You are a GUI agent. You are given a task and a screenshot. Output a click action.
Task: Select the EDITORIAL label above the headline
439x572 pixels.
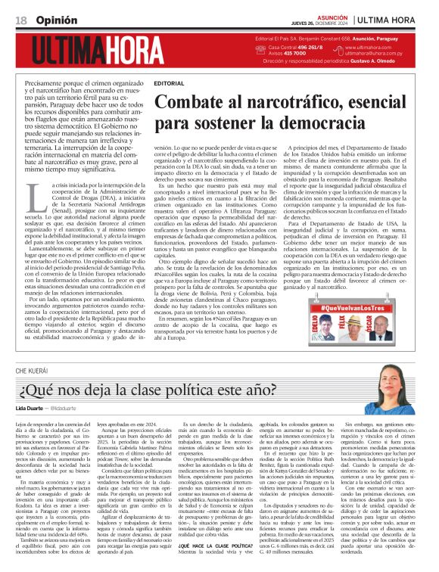coord(169,82)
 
